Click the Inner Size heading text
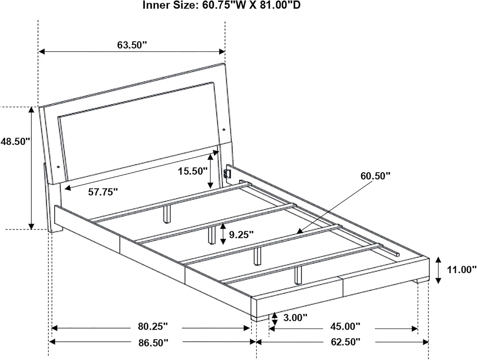coord(221,5)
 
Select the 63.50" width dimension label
coord(132,45)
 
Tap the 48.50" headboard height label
coord(15,142)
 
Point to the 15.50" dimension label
coord(193,171)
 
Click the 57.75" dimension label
coord(103,192)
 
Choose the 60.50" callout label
coord(375,176)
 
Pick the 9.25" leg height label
coord(241,235)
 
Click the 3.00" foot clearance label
coord(295,318)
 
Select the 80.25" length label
coord(153,326)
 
